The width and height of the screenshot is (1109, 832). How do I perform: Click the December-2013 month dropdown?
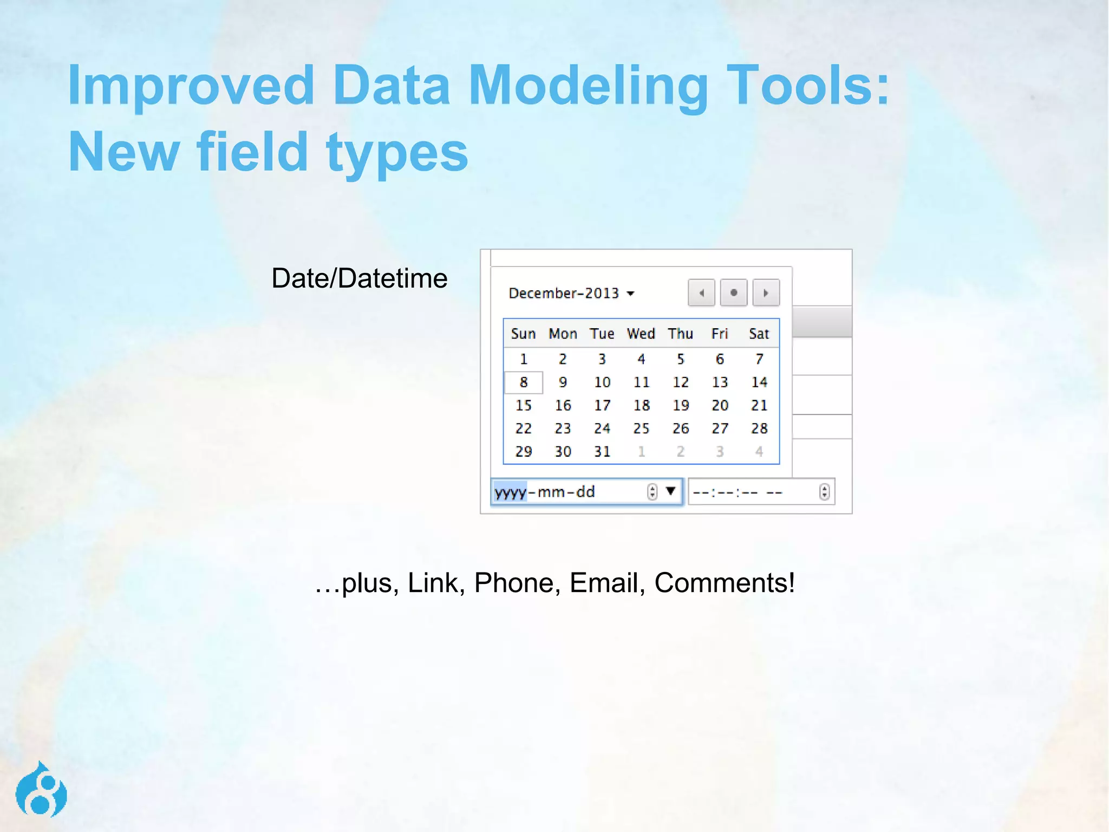pyautogui.click(x=571, y=294)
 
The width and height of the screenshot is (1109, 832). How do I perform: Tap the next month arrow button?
pyautogui.click(x=766, y=293)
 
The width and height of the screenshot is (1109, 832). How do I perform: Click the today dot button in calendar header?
pyautogui.click(x=734, y=293)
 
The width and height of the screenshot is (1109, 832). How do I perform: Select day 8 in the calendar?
pyautogui.click(x=524, y=382)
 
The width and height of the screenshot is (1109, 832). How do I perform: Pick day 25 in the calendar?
pyautogui.click(x=641, y=428)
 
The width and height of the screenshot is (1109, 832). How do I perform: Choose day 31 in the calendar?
pyautogui.click(x=602, y=452)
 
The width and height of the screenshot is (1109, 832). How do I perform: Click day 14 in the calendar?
pyautogui.click(x=759, y=382)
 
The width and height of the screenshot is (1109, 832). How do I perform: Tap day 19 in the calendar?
pyautogui.click(x=681, y=406)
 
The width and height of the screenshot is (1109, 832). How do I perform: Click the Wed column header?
pyautogui.click(x=641, y=334)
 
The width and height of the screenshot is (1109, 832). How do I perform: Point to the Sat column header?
pyautogui.click(x=759, y=334)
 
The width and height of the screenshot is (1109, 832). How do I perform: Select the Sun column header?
pyautogui.click(x=524, y=334)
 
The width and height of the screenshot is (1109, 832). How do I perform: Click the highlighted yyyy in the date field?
pyautogui.click(x=510, y=492)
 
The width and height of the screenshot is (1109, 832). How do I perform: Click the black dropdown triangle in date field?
pyautogui.click(x=671, y=491)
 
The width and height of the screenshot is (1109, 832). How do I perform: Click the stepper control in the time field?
pyautogui.click(x=824, y=492)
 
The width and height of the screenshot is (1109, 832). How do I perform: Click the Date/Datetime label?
pyautogui.click(x=360, y=278)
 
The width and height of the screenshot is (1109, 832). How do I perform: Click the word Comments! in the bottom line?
pyautogui.click(x=725, y=583)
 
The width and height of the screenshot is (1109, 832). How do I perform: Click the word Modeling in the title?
pyautogui.click(x=589, y=86)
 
